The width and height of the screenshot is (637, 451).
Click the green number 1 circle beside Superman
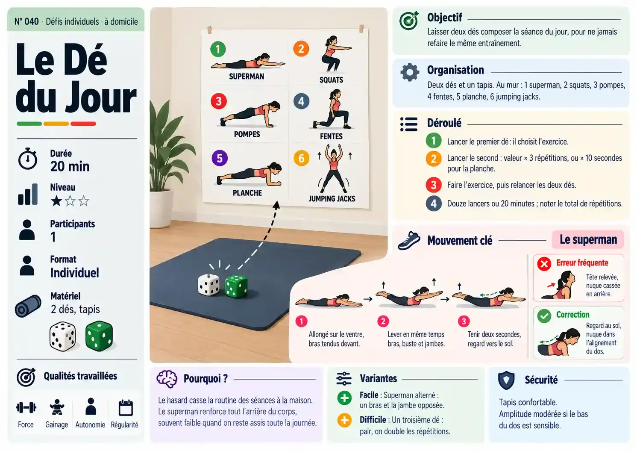218,49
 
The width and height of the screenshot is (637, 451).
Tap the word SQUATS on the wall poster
331,80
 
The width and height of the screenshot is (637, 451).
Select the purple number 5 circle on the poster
220,158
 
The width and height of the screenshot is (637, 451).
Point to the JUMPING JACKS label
332,199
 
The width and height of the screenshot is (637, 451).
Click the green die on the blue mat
236,286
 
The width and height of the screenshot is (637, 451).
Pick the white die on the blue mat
208,285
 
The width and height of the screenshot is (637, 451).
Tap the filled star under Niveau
56,201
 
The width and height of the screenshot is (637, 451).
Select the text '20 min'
70,166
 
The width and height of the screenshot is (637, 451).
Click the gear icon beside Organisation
410,72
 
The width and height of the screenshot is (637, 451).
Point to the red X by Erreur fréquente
544,264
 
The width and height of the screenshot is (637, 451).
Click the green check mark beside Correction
544,316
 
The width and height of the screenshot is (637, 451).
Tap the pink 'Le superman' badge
588,239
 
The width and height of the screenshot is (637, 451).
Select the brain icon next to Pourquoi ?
167,379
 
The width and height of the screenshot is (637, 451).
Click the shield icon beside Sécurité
506,380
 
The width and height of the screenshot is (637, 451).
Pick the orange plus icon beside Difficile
344,420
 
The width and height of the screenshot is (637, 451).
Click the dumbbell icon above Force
26,407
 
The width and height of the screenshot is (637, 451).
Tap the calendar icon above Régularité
126,408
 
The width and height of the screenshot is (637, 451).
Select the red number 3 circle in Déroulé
433,185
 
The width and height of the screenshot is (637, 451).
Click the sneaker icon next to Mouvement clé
409,241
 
